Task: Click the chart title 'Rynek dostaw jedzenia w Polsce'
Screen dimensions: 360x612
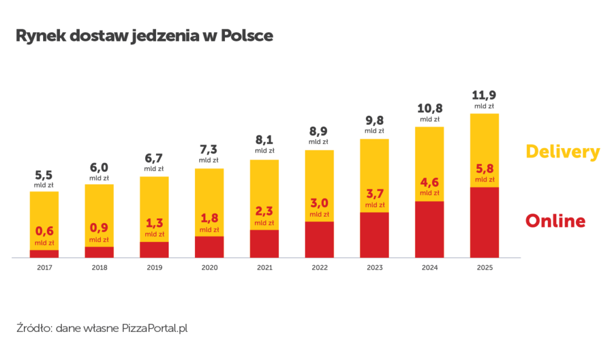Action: point(145,36)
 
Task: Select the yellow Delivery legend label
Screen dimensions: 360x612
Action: point(562,152)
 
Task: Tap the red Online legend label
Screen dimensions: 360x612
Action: point(555,221)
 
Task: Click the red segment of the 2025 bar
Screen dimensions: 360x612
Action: point(484,222)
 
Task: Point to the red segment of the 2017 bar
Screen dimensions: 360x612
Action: point(44,254)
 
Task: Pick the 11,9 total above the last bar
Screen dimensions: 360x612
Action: point(484,95)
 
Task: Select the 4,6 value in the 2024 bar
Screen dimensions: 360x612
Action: point(430,182)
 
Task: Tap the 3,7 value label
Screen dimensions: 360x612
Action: point(374,194)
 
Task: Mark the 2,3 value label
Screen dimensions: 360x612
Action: point(264,212)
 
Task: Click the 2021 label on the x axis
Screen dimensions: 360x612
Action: point(264,268)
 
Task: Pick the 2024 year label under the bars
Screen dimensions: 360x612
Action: point(430,268)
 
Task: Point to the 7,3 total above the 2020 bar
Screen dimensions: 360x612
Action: point(209,149)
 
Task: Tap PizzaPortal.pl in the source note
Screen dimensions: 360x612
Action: point(155,329)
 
